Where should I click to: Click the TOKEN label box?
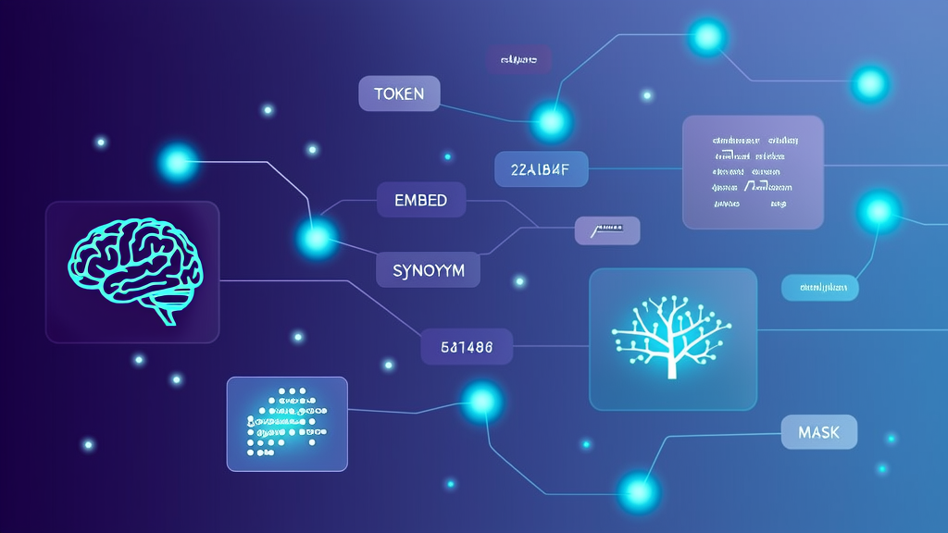coord(399,93)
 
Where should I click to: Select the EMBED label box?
coord(420,200)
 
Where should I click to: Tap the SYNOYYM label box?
coord(428,270)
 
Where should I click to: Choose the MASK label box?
coord(819,432)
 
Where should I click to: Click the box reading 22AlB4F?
coord(542,169)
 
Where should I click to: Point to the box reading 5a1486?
coord(467,347)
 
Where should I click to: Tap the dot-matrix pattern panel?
coord(287,423)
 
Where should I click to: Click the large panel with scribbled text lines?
coord(753,172)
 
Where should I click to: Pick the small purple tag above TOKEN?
coord(519,61)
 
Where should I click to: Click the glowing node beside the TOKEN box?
coord(551,121)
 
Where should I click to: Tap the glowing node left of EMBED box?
coord(317,238)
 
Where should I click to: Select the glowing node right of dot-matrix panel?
coord(481,402)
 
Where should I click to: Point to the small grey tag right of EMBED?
coord(607,230)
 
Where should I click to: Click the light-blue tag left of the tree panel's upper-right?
coord(819,288)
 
